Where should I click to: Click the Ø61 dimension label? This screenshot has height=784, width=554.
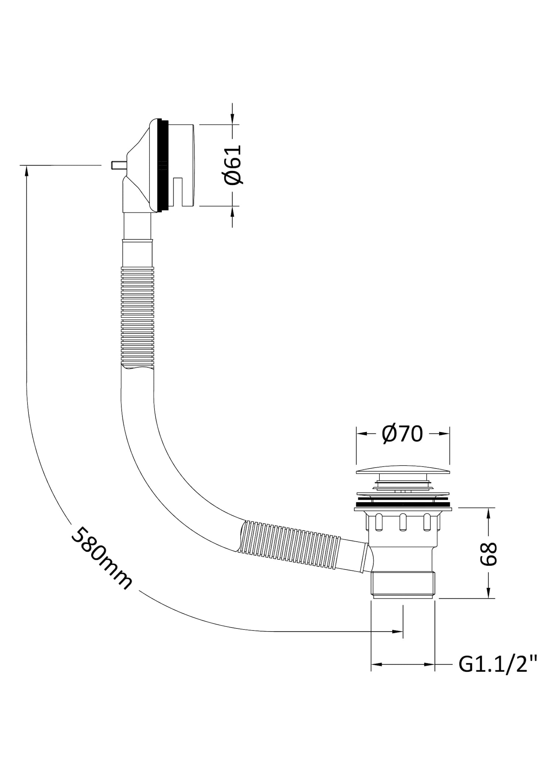point(233,165)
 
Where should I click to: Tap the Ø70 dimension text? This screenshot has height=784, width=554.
point(403,434)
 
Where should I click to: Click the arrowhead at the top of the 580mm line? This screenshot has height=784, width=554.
point(27,170)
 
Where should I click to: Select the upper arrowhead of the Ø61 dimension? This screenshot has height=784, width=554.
point(232,120)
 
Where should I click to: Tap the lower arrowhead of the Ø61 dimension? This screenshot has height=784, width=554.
point(232,211)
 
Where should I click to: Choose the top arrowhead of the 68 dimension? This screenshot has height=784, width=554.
point(489,513)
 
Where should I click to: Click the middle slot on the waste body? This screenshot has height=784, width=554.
point(403,521)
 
